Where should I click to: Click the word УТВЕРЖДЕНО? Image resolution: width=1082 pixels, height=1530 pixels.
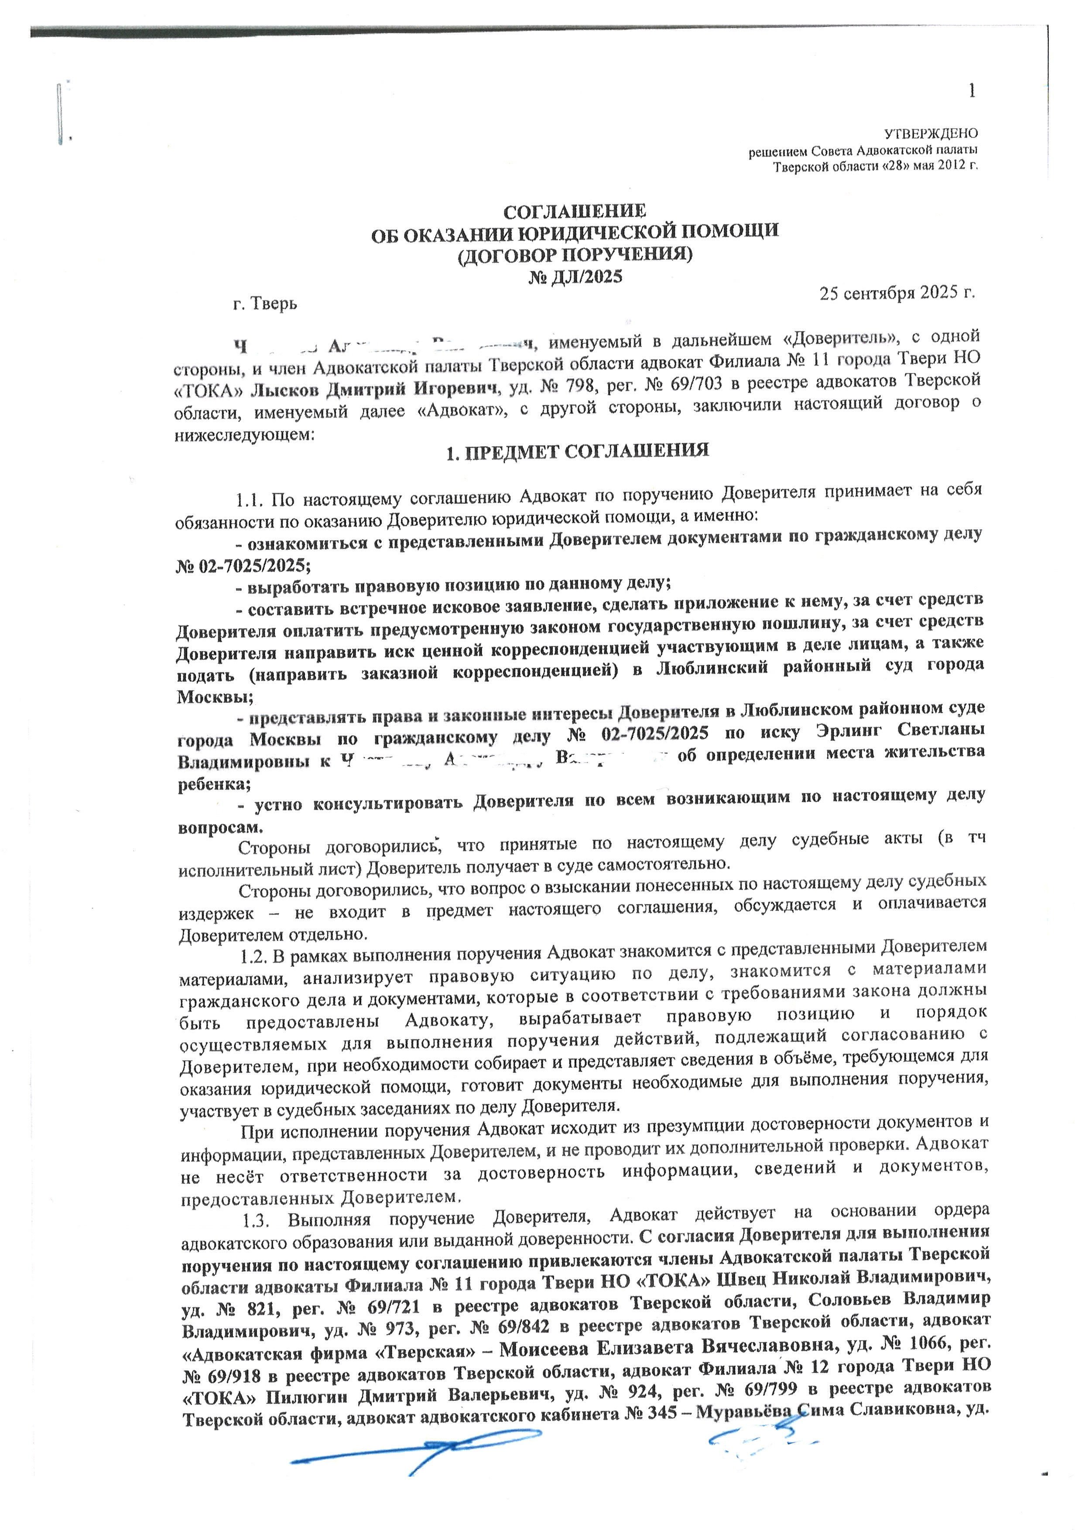coord(930,133)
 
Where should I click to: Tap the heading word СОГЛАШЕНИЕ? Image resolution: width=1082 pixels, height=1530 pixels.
coord(574,212)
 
